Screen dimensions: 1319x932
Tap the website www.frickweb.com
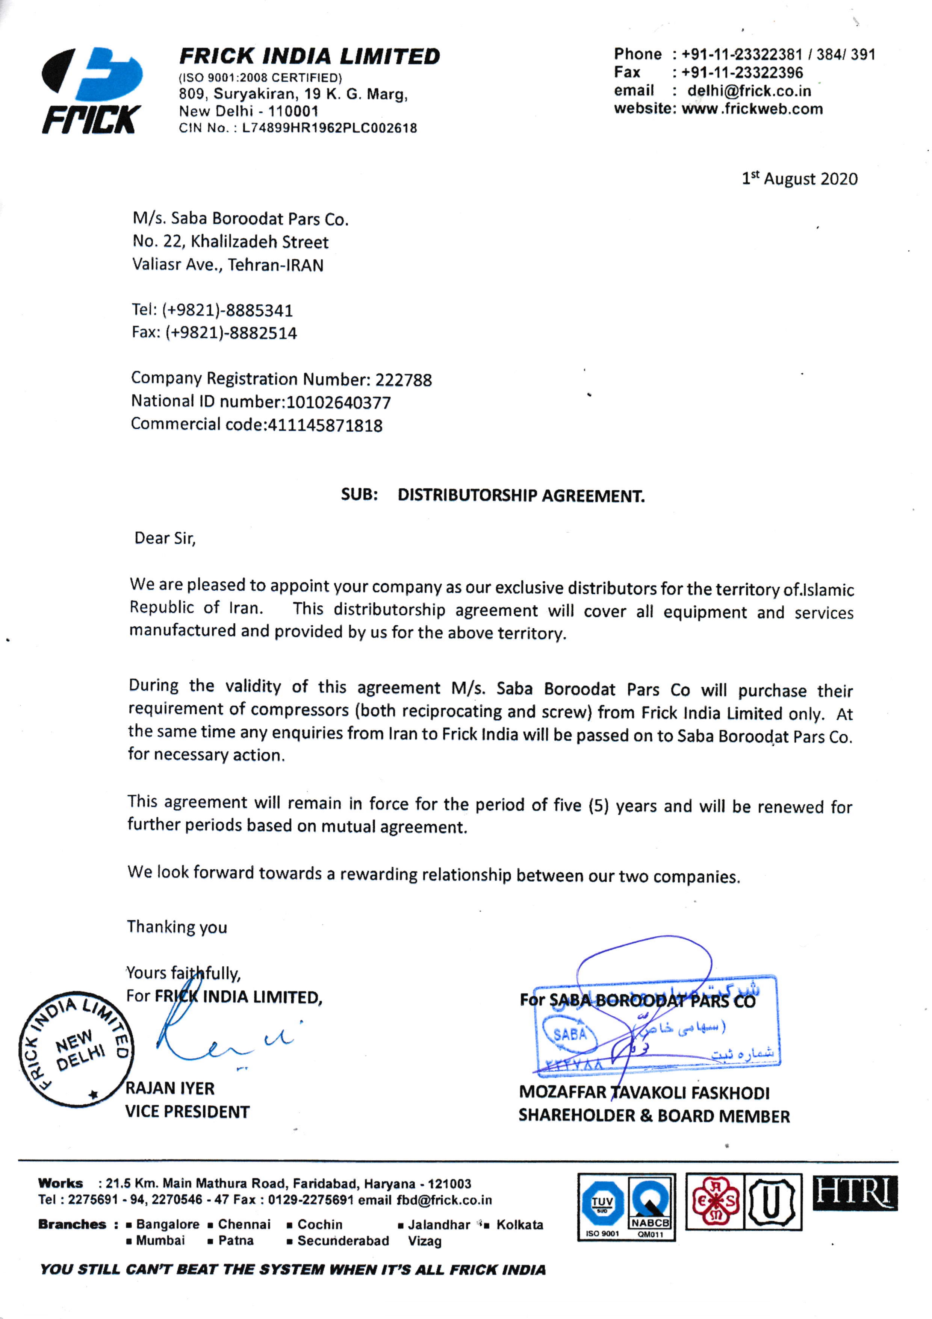pos(752,109)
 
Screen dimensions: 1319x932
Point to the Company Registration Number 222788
pos(403,380)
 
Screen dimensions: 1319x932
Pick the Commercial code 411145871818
pos(325,425)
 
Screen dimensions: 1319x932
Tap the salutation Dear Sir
pos(165,538)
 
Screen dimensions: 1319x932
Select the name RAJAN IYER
pos(170,1088)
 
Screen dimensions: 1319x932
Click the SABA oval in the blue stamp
pos(570,1034)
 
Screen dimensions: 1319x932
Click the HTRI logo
pos(855,1193)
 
